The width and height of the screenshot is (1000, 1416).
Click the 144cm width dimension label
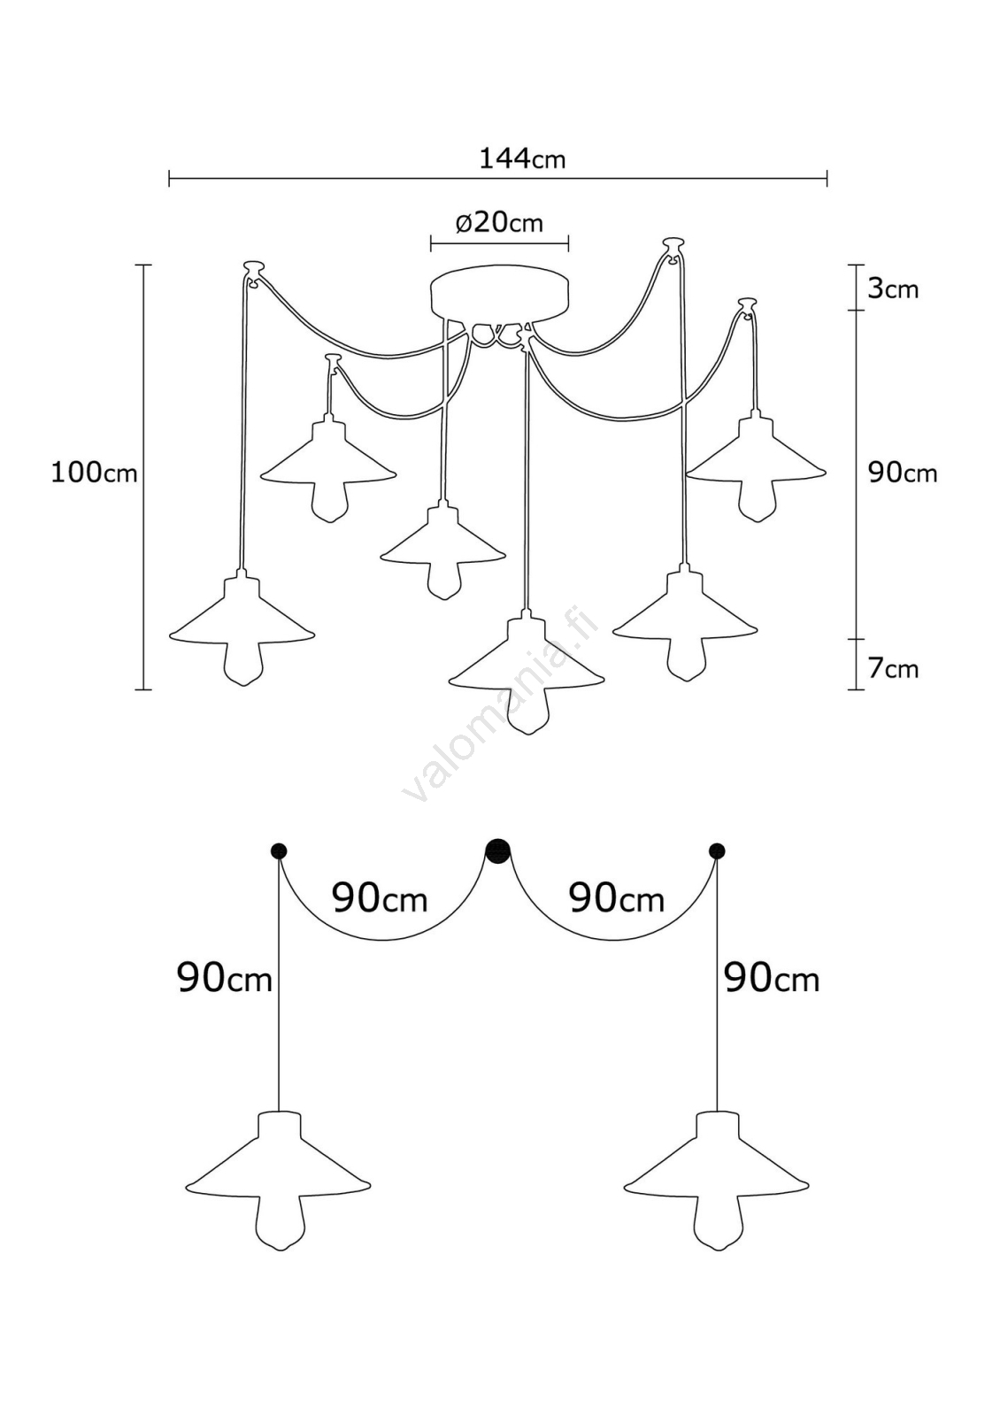point(522,159)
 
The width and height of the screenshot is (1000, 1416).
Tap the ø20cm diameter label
point(499,222)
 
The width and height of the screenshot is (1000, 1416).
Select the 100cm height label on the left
point(94,473)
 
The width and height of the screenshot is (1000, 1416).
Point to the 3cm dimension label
point(892,289)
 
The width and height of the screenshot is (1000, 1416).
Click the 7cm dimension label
point(892,669)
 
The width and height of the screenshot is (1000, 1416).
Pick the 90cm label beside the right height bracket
point(902,473)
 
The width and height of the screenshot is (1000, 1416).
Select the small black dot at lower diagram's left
point(279,851)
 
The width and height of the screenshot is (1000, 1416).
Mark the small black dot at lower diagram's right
point(717,851)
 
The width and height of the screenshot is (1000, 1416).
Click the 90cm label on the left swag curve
point(380,899)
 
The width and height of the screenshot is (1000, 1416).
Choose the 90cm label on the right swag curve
point(616,899)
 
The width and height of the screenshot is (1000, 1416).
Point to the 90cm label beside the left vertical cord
point(225,979)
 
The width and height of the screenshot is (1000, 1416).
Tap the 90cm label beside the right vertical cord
point(772,979)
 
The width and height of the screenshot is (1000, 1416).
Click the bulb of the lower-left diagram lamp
point(279,1223)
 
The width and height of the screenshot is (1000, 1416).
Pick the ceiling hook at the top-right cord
point(673,243)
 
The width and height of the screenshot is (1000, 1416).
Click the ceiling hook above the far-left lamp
point(254,267)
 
